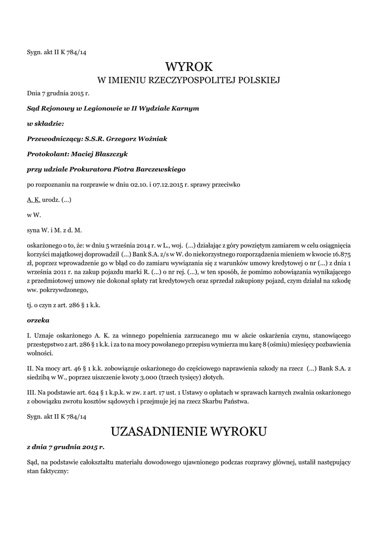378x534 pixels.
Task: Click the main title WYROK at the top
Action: pos(189,67)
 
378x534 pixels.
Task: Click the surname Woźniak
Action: pos(152,138)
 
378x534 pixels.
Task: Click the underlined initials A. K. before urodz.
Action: pos(33,200)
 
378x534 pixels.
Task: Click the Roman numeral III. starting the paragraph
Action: pos(31,392)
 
